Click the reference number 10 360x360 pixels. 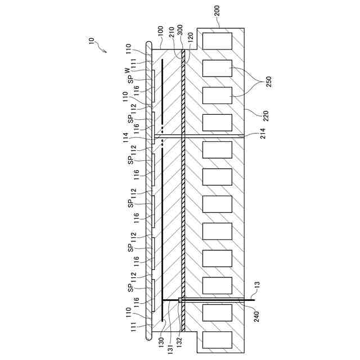pyautogui.click(x=92, y=41)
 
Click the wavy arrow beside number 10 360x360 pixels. pyautogui.click(x=103, y=51)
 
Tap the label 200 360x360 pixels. pyautogui.click(x=218, y=15)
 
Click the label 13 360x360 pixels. pyautogui.click(x=258, y=291)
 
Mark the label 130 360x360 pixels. pyautogui.click(x=161, y=342)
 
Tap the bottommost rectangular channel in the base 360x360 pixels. pyautogui.click(x=217, y=341)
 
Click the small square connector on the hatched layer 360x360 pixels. pyautogui.click(x=180, y=300)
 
